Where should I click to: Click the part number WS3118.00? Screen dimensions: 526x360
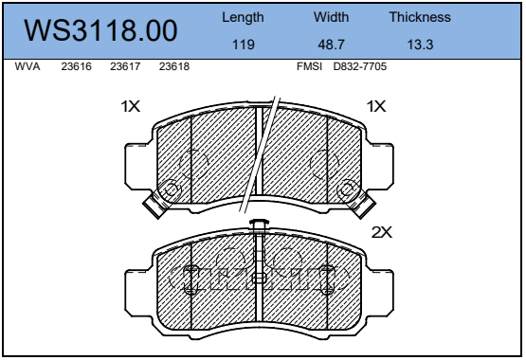100,30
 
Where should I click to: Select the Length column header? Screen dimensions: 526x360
243,17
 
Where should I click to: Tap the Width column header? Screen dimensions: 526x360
331,17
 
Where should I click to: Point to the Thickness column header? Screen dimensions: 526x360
420,17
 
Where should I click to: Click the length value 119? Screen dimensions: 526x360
244,45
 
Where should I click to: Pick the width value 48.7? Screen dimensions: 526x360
331,45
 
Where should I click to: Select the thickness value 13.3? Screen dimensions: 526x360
420,45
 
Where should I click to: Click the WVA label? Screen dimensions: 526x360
27,66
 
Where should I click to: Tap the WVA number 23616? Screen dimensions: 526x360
76,66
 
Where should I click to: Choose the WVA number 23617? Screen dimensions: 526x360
125,66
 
